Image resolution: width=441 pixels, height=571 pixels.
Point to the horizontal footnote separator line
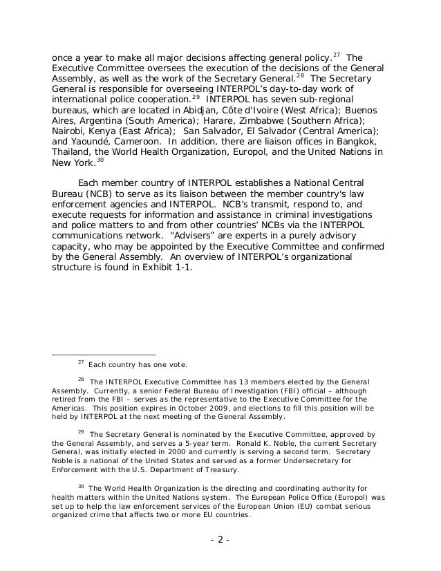(x=104, y=355)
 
